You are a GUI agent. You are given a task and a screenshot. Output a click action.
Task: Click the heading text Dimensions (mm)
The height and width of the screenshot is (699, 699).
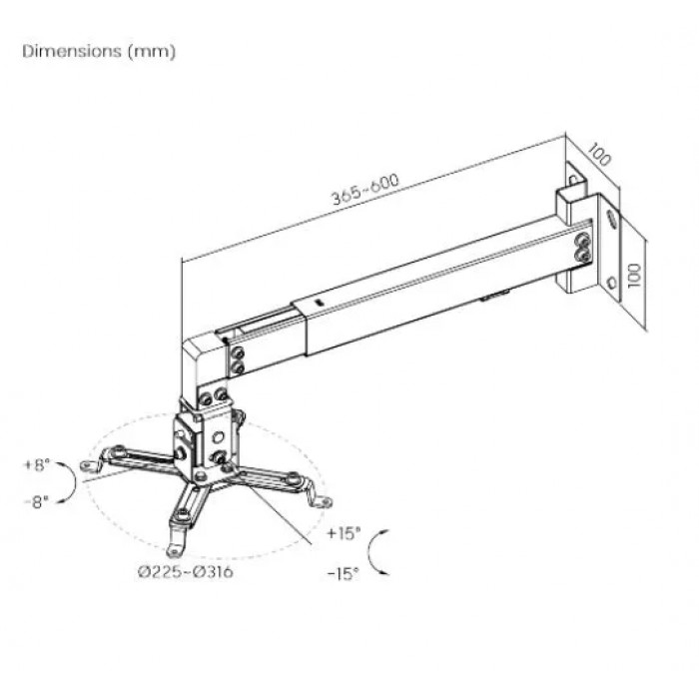coord(99,51)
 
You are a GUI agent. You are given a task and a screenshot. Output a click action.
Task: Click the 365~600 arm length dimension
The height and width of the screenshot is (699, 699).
coord(365,189)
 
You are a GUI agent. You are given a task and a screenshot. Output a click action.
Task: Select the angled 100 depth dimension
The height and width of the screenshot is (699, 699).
coord(599,154)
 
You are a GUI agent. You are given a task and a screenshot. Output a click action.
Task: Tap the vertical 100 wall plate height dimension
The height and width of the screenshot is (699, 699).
coord(634,275)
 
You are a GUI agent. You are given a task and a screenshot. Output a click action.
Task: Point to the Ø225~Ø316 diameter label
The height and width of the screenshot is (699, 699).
coord(186,571)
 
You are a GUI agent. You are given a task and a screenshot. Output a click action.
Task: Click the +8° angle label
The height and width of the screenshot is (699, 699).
coord(37,465)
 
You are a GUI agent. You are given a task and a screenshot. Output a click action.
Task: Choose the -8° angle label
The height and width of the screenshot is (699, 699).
coord(37,502)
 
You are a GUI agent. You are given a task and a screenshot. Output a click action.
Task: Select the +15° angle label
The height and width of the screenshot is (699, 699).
coord(344,532)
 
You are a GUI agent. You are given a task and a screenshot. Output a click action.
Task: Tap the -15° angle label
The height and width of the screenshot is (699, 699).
coord(344,574)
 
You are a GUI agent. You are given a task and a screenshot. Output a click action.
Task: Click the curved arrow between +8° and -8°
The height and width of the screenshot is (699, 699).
coord(75,482)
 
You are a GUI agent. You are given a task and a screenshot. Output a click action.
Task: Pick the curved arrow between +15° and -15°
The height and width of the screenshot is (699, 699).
coord(369,553)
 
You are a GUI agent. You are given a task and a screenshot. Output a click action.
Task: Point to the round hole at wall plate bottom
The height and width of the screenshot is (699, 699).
coord(612,282)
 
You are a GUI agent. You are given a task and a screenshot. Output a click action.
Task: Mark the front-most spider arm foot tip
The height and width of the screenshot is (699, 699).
coord(172,553)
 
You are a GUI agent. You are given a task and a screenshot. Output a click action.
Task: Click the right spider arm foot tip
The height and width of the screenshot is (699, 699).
coord(328,503)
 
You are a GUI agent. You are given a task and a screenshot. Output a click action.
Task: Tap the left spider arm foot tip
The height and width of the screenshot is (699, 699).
coord(84,466)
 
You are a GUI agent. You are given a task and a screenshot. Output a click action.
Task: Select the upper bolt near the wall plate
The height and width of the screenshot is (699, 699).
coord(582,242)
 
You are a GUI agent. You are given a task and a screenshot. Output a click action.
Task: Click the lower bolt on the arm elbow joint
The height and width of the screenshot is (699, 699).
coord(239,367)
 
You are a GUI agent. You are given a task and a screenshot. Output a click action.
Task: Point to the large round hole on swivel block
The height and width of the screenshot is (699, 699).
coord(218,437)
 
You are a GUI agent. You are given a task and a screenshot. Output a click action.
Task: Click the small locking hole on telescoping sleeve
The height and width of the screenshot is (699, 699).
coord(318,302)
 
